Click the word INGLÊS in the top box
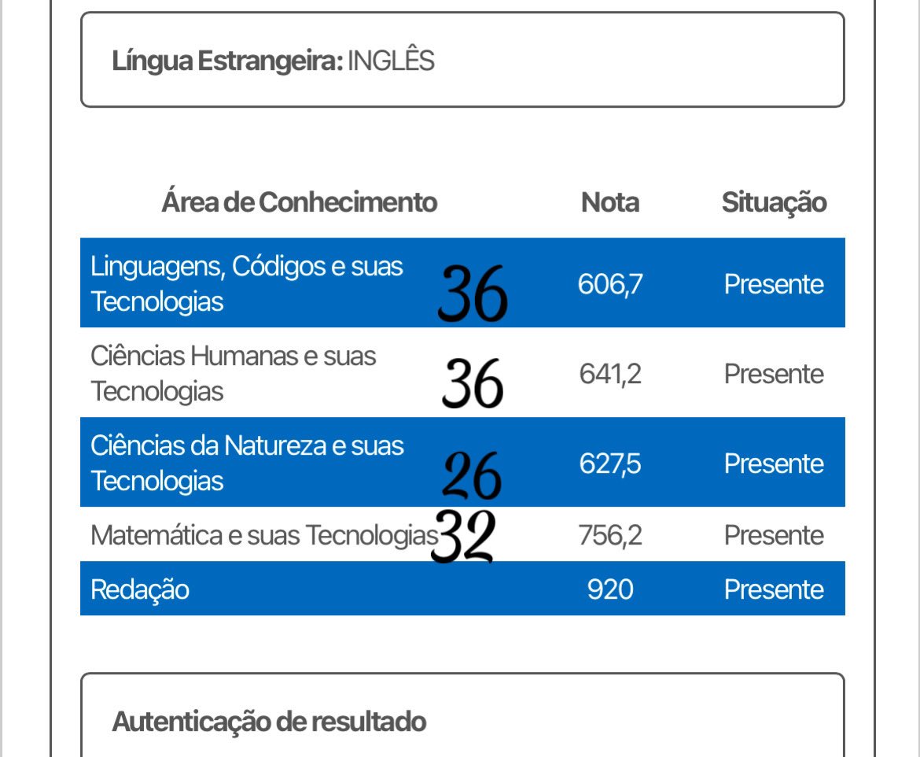tap(391, 61)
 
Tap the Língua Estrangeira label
tap(227, 61)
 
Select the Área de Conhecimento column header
tap(299, 202)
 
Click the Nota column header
tap(610, 202)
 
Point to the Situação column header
tap(774, 202)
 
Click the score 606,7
tap(610, 283)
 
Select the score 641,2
tap(610, 374)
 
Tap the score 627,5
tap(610, 463)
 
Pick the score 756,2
tap(610, 535)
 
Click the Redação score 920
tap(610, 589)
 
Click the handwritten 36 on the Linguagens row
tap(473, 294)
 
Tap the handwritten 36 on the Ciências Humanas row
tap(473, 383)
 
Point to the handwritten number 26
tap(472, 475)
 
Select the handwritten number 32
tap(463, 537)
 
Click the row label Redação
tap(140, 589)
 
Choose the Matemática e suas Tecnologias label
tap(263, 535)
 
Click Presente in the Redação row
tap(774, 589)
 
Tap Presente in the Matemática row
tap(774, 535)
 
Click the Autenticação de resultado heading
tap(269, 721)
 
